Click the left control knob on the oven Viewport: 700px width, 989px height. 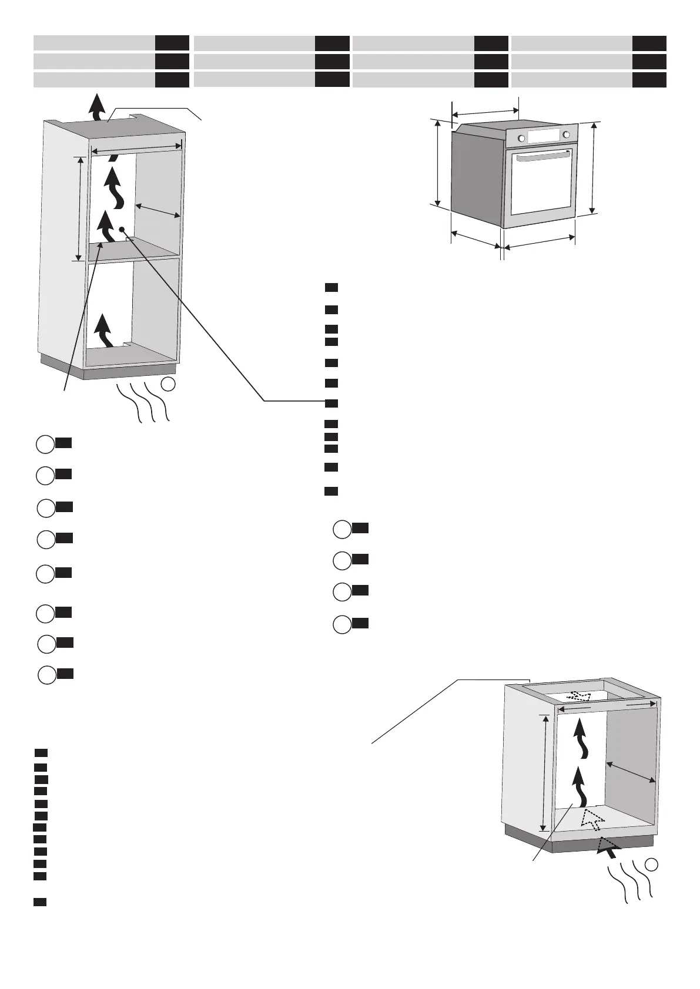[521, 138]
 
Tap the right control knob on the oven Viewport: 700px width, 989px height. [566, 135]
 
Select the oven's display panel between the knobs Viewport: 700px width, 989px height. [544, 136]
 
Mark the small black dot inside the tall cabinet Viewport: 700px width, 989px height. [121, 229]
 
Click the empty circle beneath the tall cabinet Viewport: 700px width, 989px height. [168, 385]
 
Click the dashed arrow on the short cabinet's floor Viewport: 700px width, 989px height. [591, 819]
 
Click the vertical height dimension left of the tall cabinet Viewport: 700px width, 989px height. [79, 208]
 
